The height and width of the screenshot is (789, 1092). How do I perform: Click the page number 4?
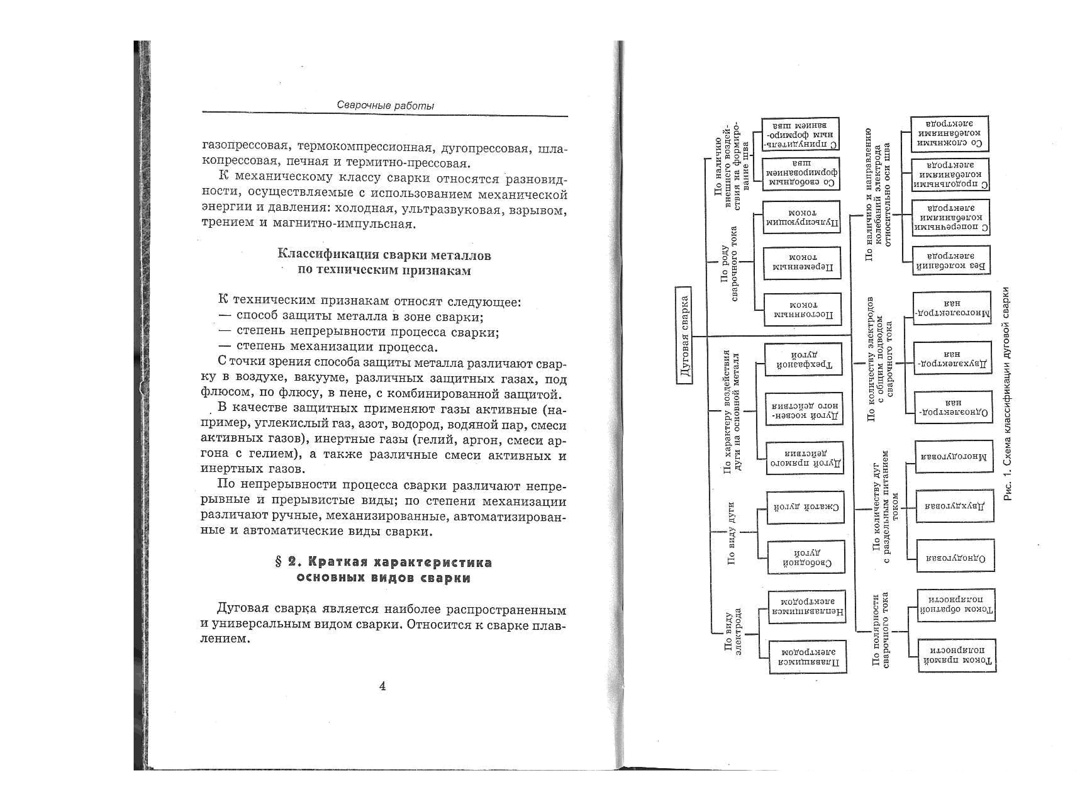[x=382, y=686]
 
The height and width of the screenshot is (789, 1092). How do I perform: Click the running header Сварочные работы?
[x=385, y=105]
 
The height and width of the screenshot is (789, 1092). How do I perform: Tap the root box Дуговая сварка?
[x=684, y=335]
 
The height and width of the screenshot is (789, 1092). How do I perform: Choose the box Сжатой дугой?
[x=805, y=507]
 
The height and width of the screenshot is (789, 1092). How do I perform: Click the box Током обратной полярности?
[x=956, y=605]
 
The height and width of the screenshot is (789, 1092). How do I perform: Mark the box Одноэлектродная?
[x=953, y=407]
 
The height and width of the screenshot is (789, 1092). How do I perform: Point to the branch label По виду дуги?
[x=731, y=532]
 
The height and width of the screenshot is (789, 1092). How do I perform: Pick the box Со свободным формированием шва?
[x=801, y=173]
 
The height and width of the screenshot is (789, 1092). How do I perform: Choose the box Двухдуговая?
[x=954, y=506]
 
